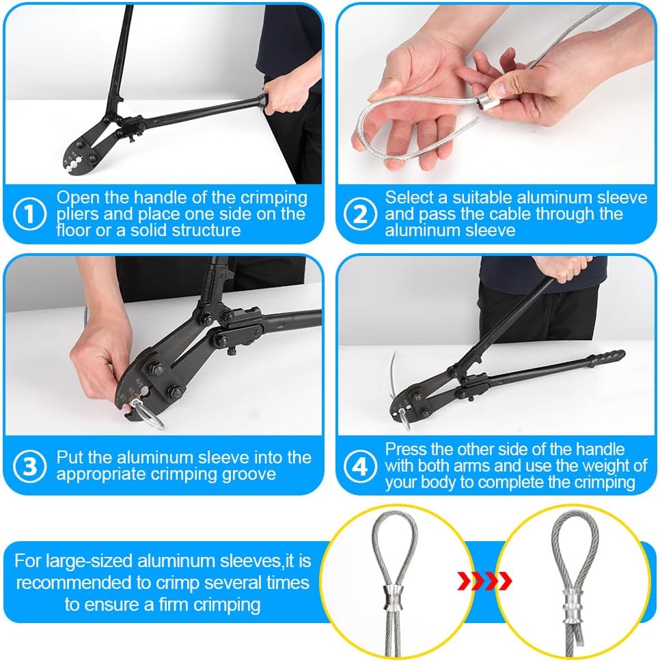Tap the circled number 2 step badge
pyautogui.click(x=360, y=214)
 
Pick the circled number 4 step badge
pyautogui.click(x=360, y=466)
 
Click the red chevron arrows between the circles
pyautogui.click(x=484, y=581)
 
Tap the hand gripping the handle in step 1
pyautogui.click(x=284, y=96)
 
